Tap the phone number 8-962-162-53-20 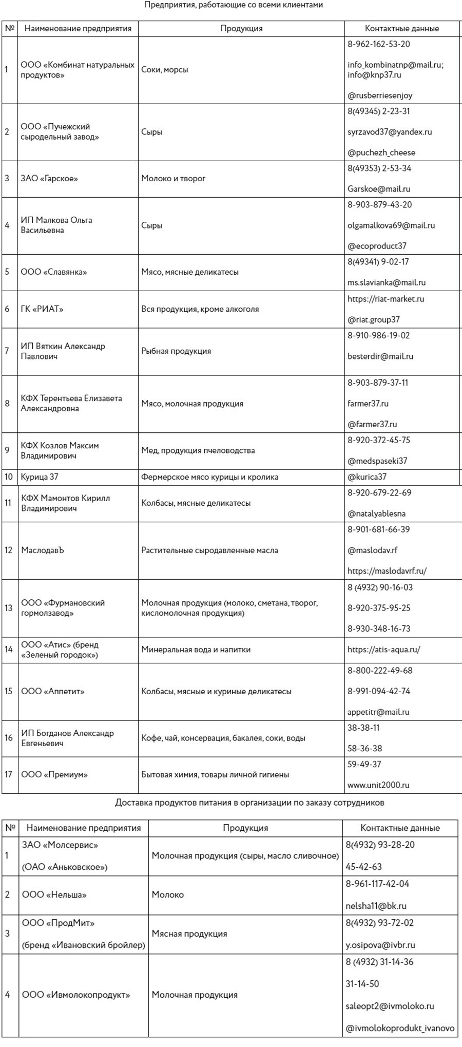point(378,44)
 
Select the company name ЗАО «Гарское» point(49,179)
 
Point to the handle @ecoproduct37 point(377,246)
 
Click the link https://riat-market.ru point(386,299)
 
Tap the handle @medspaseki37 point(377,461)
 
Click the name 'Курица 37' point(40,477)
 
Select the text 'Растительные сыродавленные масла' point(209,550)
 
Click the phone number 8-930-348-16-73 point(379,629)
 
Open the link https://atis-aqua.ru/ point(383,650)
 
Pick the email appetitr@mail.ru point(378,712)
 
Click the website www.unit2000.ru point(378,785)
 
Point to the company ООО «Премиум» point(54,774)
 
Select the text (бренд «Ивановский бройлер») point(84,945)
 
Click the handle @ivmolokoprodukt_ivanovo point(400,1028)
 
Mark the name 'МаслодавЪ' point(43,550)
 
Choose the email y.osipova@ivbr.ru point(380,945)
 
